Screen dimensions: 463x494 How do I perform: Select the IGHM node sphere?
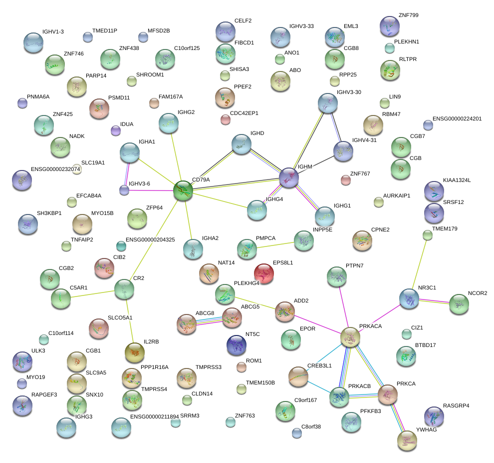(x=288, y=177)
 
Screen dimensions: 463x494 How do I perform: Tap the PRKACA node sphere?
(x=350, y=337)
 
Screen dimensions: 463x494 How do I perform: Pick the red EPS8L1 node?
(x=263, y=273)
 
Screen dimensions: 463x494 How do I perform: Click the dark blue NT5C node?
(x=236, y=344)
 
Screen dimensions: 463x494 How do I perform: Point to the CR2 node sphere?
(x=124, y=288)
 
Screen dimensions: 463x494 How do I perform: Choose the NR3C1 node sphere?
(x=409, y=298)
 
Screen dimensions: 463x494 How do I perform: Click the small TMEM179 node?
(x=427, y=234)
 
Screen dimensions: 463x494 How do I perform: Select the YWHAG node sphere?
(x=407, y=439)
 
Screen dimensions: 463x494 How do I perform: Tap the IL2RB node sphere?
(x=134, y=352)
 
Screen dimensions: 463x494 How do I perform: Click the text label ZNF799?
(x=409, y=15)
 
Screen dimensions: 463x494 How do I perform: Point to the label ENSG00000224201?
(x=457, y=118)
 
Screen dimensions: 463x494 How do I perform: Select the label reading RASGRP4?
(x=456, y=405)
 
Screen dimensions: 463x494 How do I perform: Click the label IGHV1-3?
(x=53, y=31)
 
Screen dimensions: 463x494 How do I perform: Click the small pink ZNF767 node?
(x=345, y=180)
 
